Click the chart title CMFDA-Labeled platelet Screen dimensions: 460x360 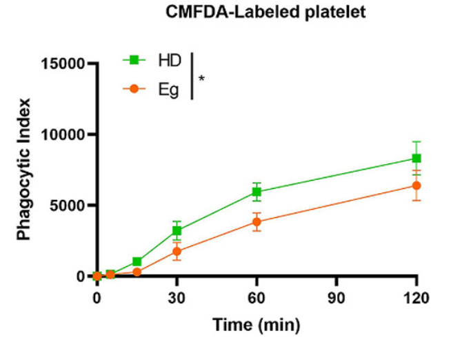point(266,12)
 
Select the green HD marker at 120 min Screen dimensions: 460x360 point(417,159)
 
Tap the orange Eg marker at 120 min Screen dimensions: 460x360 point(417,186)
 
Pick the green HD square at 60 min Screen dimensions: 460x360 point(257,192)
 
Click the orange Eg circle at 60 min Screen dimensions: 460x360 point(257,222)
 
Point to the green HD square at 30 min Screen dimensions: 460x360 point(177,231)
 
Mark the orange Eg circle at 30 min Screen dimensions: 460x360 point(177,251)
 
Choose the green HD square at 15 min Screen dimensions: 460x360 point(137,261)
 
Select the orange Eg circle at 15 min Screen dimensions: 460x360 point(137,272)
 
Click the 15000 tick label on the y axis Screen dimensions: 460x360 point(63,63)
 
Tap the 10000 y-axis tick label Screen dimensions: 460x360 point(63,134)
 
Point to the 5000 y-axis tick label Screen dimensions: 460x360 point(67,206)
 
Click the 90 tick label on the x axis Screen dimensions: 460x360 point(337,298)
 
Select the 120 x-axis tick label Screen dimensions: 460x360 point(417,298)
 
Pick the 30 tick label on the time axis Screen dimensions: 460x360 point(177,298)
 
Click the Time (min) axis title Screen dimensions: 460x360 point(257,325)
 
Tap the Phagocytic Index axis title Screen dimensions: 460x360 point(23,169)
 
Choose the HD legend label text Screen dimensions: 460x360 point(170,61)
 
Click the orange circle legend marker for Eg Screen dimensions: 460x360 point(134,89)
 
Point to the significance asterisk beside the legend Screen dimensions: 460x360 point(201,79)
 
